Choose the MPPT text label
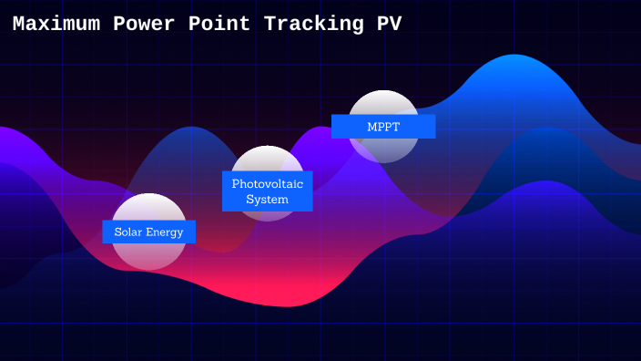[x=383, y=127]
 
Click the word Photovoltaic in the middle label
[x=267, y=183]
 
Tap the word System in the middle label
[x=267, y=199]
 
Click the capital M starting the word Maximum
[x=19, y=25]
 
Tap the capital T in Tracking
[x=270, y=25]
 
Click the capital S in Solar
[x=118, y=232]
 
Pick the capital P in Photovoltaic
[x=236, y=183]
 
